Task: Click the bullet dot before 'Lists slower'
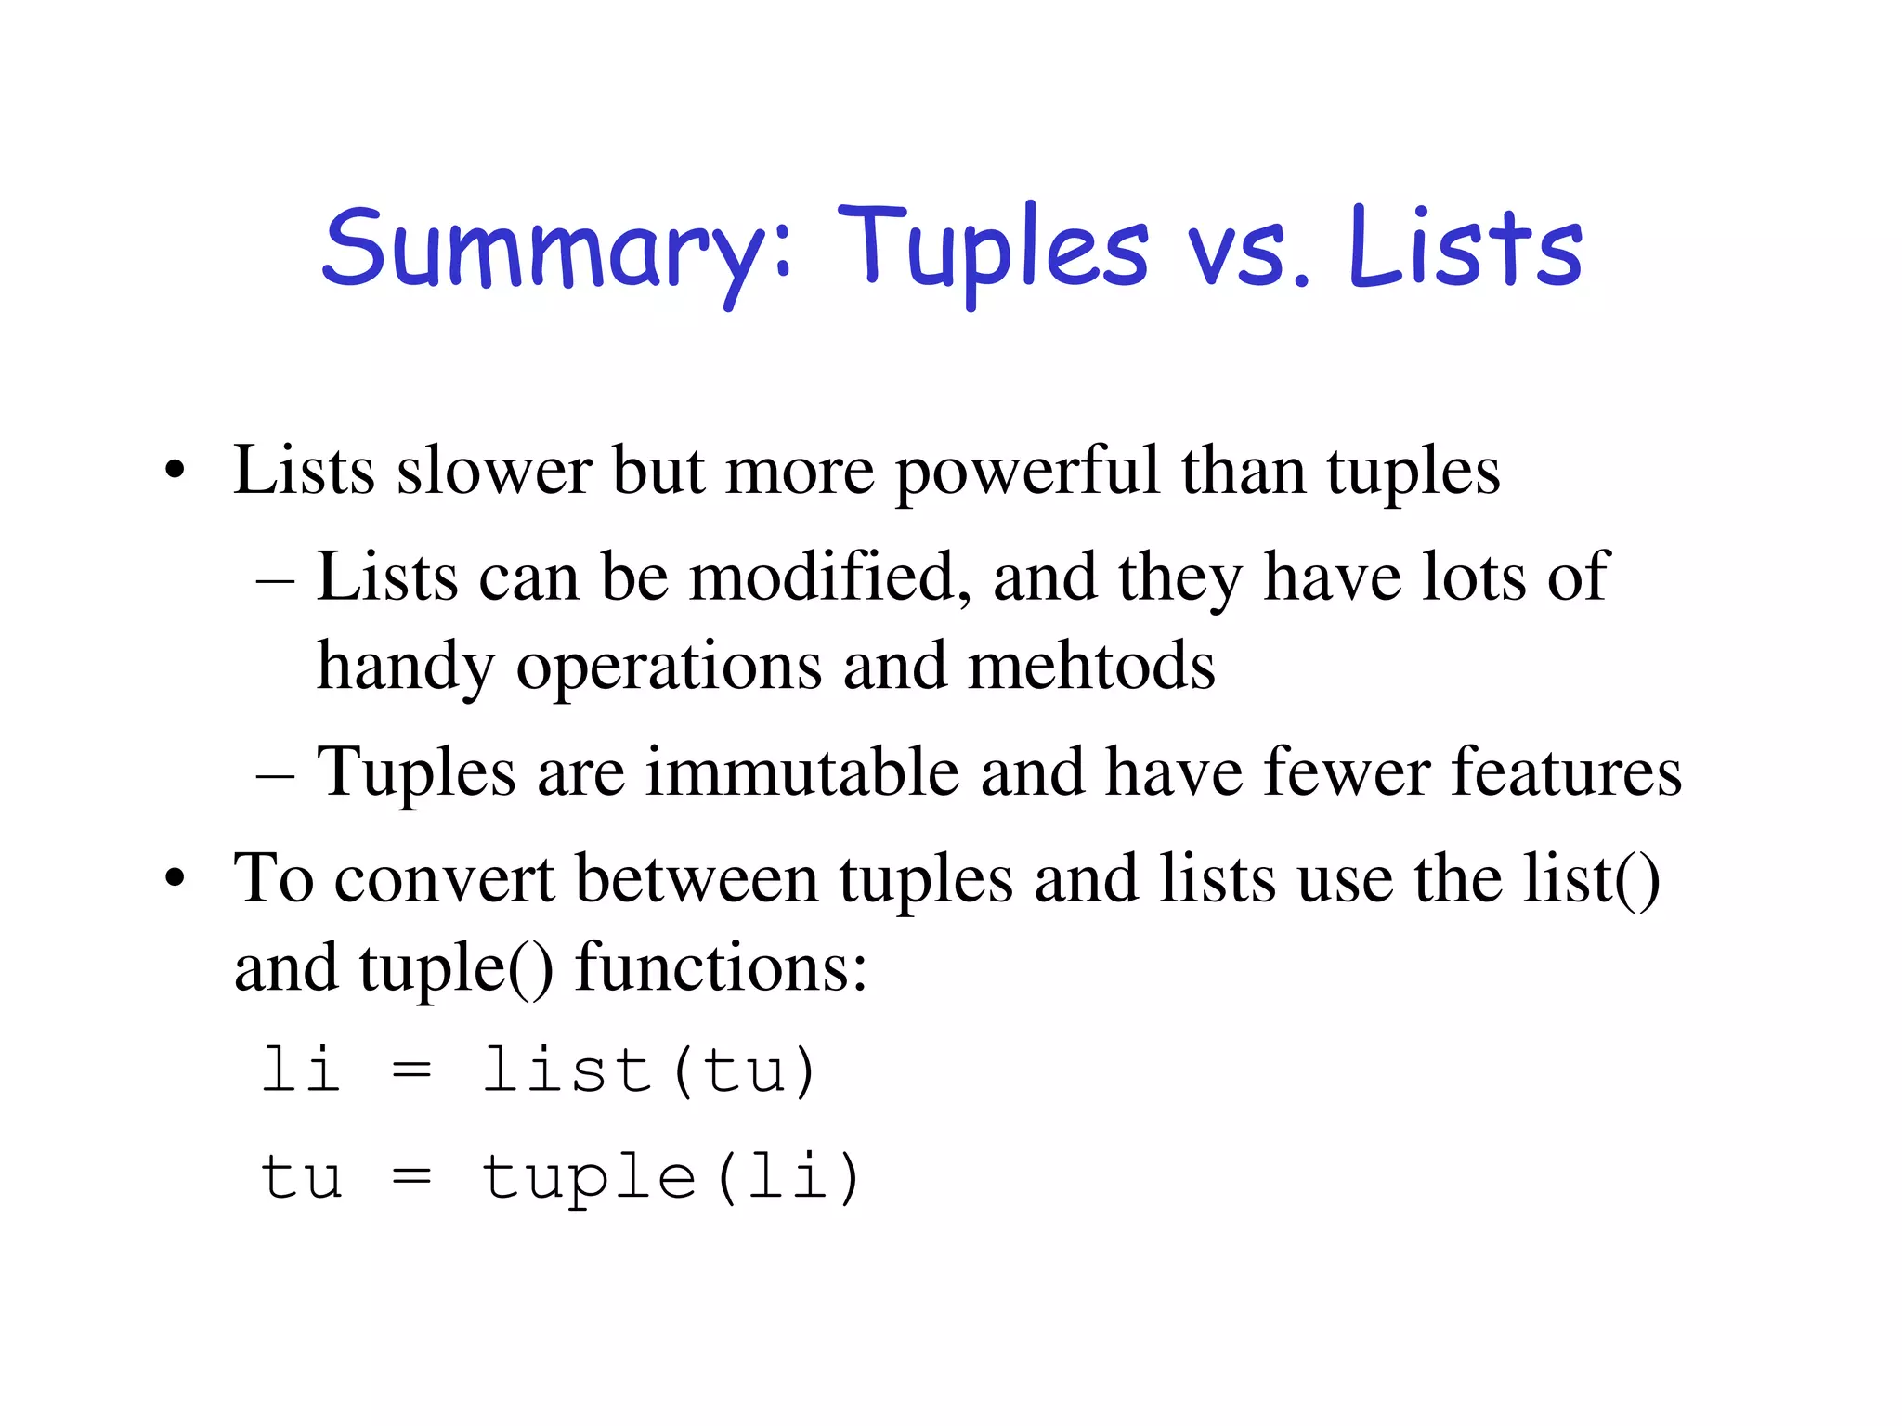point(175,471)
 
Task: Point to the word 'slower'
point(494,471)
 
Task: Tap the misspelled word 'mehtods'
point(1091,666)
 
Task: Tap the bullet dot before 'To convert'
point(175,879)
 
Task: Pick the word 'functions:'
point(721,968)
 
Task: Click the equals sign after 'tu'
point(411,1177)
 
